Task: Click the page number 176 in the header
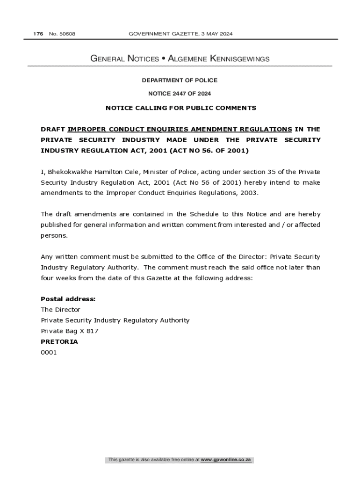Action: pyautogui.click(x=38, y=34)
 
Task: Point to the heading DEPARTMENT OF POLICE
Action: pyautogui.click(x=180, y=80)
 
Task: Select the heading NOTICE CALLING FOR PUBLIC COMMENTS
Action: pyautogui.click(x=181, y=108)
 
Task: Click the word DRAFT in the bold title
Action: pyautogui.click(x=52, y=129)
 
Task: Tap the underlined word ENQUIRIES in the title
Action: pyautogui.click(x=171, y=129)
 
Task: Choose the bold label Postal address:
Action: pyautogui.click(x=68, y=299)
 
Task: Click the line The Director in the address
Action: pyautogui.click(x=60, y=310)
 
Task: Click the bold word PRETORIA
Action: pyautogui.click(x=59, y=341)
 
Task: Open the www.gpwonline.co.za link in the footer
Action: pyautogui.click(x=226, y=460)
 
